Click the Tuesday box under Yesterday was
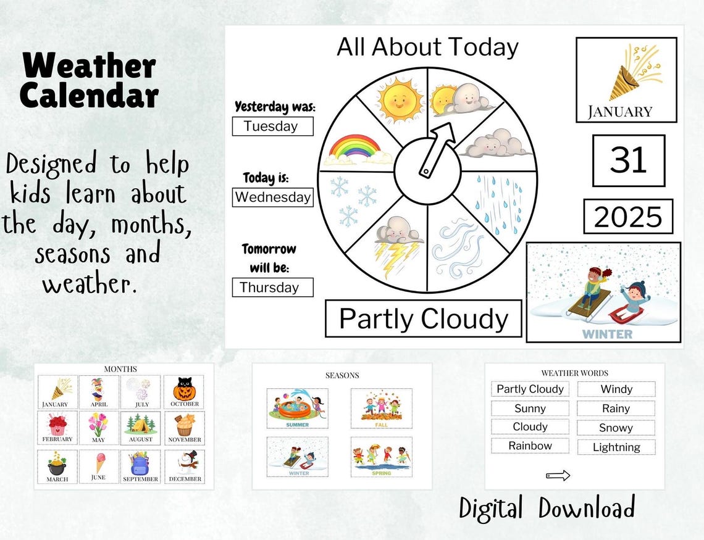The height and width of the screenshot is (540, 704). pyautogui.click(x=272, y=127)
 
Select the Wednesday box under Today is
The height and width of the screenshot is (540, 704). pyautogui.click(x=272, y=197)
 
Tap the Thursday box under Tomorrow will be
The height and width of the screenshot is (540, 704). pyautogui.click(x=272, y=287)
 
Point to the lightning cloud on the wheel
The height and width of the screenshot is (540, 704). pyautogui.click(x=398, y=244)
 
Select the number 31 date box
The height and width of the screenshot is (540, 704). pyautogui.click(x=628, y=160)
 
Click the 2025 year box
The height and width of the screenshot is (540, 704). pyautogui.click(x=627, y=217)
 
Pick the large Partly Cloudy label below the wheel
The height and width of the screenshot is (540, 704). pyautogui.click(x=424, y=318)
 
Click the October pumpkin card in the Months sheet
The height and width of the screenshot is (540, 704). pyautogui.click(x=184, y=392)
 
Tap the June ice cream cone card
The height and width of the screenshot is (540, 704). pyautogui.click(x=99, y=467)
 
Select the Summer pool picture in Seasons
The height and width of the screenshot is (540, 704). pyautogui.click(x=297, y=408)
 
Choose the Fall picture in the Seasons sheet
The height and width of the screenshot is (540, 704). pyautogui.click(x=381, y=408)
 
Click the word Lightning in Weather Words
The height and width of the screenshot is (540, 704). pyautogui.click(x=616, y=447)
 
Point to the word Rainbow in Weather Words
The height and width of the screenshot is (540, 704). pyautogui.click(x=530, y=446)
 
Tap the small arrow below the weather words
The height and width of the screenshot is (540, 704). pyautogui.click(x=558, y=475)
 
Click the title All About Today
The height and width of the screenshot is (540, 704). pyautogui.click(x=427, y=47)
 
